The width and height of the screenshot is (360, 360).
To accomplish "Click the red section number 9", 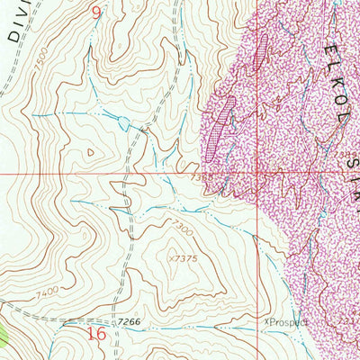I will [97, 12].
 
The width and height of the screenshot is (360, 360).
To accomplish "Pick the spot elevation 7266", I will [129, 321].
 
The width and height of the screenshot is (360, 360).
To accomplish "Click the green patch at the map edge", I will [4, 337].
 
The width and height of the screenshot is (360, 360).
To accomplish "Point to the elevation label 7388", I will [202, 177].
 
